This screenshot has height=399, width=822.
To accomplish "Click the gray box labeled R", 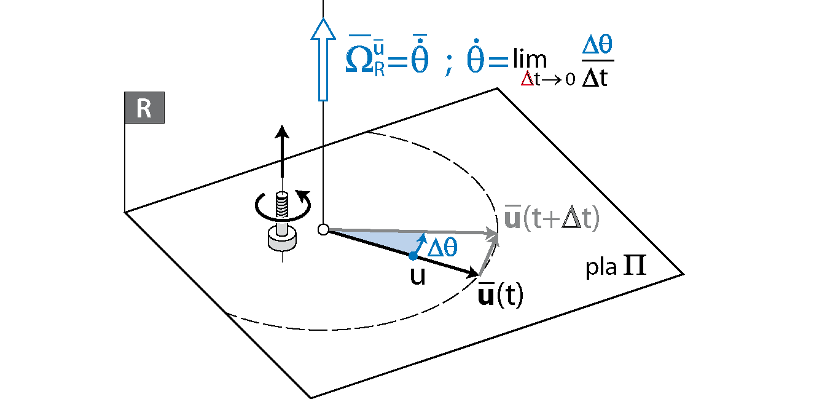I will [144, 108].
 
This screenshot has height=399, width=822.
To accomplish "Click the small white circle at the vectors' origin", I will [323, 230].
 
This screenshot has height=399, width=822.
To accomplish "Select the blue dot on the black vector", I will [413, 255].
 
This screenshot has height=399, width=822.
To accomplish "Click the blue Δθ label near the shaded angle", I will [442, 247].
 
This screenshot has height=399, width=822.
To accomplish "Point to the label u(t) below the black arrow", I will [500, 296].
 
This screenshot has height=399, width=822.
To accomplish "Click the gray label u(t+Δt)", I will [551, 219].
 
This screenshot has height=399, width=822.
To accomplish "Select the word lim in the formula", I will [529, 60].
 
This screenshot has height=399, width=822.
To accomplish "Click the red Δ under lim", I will [526, 79].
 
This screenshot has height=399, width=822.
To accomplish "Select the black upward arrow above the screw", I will [282, 151].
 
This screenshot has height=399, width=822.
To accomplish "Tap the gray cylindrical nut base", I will [281, 239].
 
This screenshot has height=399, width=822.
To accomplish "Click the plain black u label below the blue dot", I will [418, 277].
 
